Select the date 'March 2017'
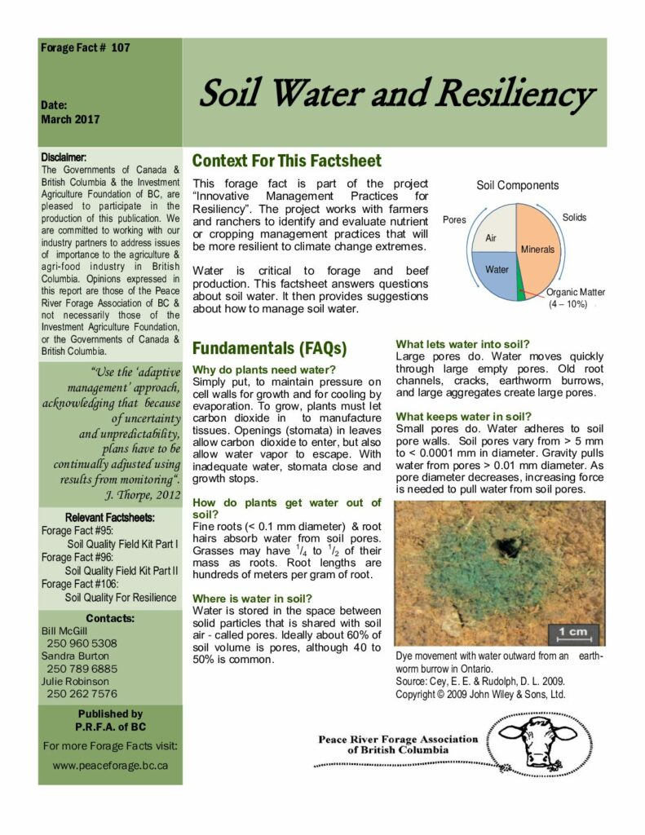(x=70, y=119)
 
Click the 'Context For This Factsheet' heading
(x=286, y=161)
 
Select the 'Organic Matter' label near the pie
(x=575, y=292)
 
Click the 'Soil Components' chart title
(x=517, y=185)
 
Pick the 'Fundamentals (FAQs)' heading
(x=269, y=348)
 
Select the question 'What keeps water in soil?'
(x=463, y=415)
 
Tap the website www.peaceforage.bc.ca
(x=110, y=765)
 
